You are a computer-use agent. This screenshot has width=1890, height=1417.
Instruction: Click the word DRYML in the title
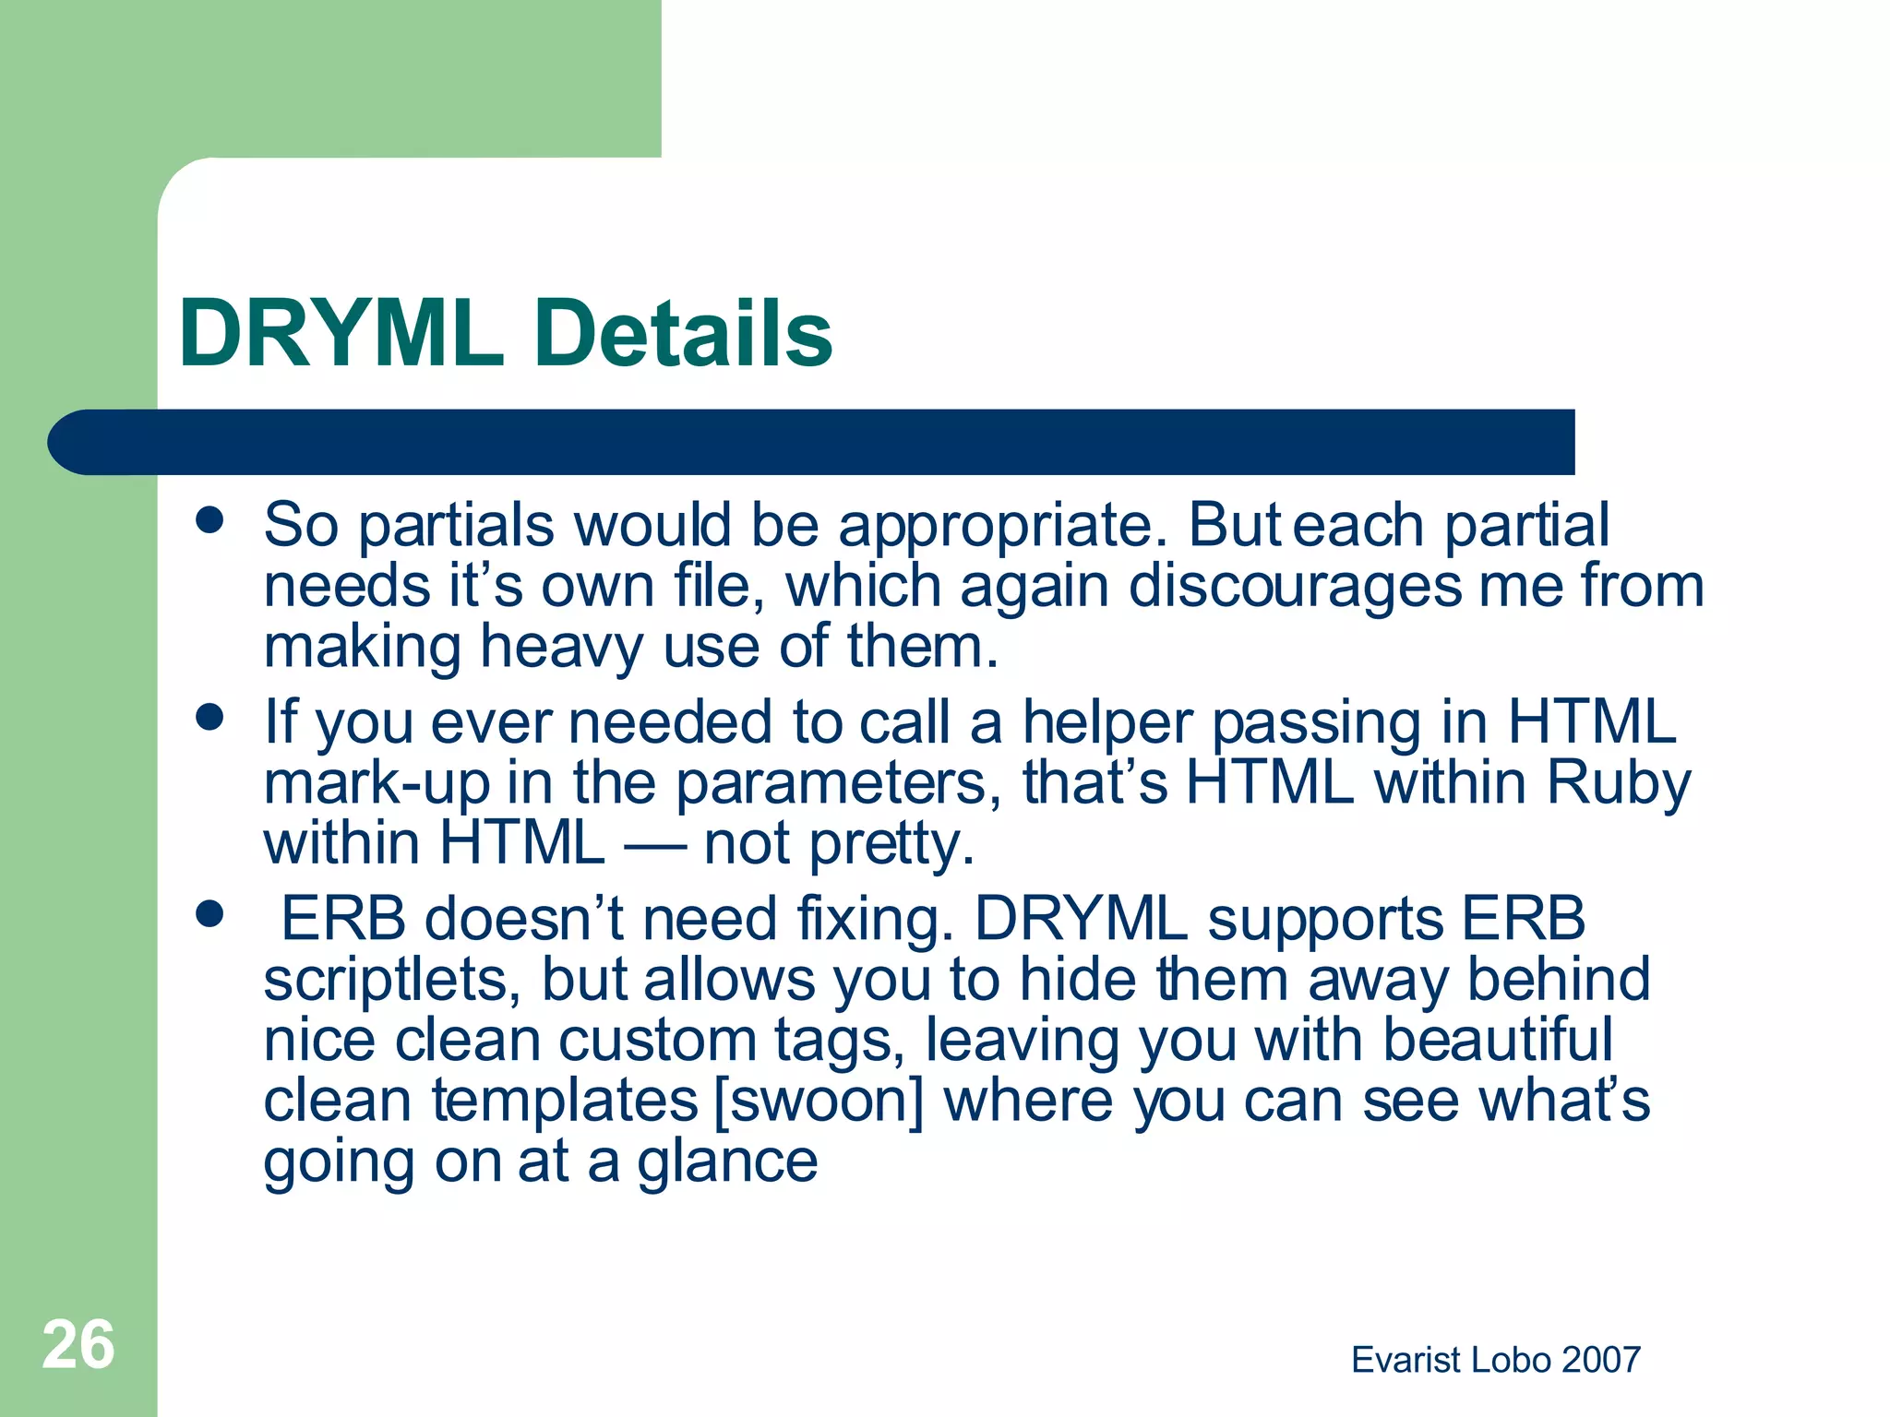point(341,334)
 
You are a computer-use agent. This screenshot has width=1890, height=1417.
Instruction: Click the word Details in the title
point(683,334)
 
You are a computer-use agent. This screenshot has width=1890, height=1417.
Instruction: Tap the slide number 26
point(78,1345)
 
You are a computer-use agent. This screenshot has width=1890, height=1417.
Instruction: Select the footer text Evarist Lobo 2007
point(1495,1360)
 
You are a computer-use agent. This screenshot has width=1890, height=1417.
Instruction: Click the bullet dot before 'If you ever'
point(210,717)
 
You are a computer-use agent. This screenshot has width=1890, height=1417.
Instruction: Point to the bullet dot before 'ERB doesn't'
point(210,914)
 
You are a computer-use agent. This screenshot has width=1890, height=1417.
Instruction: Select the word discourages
point(1296,587)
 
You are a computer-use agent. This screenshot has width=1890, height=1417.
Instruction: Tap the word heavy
point(561,648)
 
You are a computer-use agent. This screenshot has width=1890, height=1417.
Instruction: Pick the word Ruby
point(1619,784)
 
